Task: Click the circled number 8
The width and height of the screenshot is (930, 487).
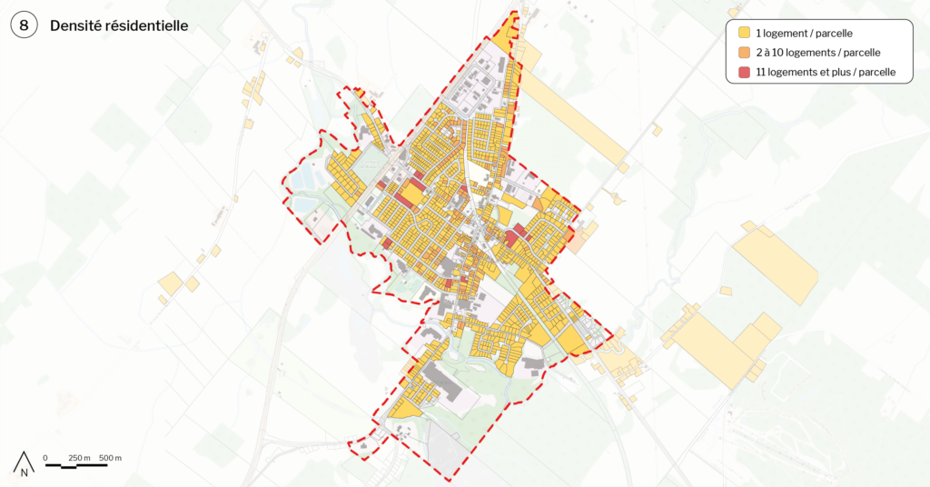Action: tap(25, 26)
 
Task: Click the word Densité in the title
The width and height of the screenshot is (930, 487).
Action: tap(78, 26)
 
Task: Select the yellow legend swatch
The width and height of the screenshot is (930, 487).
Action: tap(743, 34)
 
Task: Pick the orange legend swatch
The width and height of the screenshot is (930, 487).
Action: tap(743, 53)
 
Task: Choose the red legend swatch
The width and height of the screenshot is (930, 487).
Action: tap(743, 72)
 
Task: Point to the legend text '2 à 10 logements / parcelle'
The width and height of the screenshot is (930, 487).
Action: tap(817, 53)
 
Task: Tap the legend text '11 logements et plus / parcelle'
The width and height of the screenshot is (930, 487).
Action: tap(826, 72)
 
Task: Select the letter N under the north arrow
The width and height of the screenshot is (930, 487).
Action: tap(25, 472)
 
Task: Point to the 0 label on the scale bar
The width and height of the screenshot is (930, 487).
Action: tap(45, 457)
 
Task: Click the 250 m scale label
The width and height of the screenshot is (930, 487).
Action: tap(79, 457)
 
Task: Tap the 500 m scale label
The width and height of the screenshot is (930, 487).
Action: tap(110, 457)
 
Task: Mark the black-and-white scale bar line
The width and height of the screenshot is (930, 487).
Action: tap(76, 465)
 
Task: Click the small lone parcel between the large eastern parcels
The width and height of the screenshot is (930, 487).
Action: tap(726, 291)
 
